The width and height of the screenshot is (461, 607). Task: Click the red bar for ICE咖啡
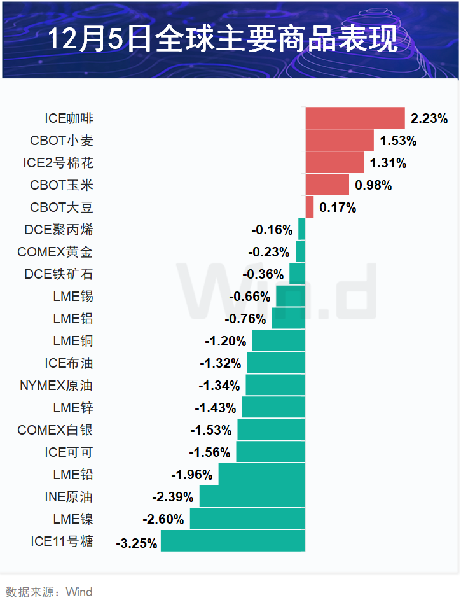coord(355,118)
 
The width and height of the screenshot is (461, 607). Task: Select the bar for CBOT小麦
coord(340,140)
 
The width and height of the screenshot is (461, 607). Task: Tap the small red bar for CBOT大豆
coord(310,207)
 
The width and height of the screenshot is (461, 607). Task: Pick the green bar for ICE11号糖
coord(233,541)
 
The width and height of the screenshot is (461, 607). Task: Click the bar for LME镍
coord(247,519)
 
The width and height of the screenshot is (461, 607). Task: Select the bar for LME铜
coord(279,340)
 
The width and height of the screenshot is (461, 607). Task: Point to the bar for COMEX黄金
coord(301,251)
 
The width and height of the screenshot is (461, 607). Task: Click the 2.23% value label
coord(429,118)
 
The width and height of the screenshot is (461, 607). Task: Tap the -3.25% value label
coord(136,543)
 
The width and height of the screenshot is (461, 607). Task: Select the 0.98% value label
coord(373,185)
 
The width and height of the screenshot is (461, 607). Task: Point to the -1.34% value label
coord(219,386)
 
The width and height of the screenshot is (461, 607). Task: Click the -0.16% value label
coord(272,230)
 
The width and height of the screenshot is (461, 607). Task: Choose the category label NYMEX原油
coord(57,386)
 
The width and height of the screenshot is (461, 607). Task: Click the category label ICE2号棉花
coord(58,163)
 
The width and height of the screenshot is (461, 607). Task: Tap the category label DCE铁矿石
coord(58,274)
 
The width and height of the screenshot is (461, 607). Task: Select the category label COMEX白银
coord(55,430)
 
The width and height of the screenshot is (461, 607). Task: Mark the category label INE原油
coord(69,497)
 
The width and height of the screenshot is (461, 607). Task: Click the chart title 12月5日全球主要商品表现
coord(224,39)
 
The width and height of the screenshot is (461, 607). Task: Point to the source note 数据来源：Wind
coord(49,592)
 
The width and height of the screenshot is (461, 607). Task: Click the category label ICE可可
coord(69,452)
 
